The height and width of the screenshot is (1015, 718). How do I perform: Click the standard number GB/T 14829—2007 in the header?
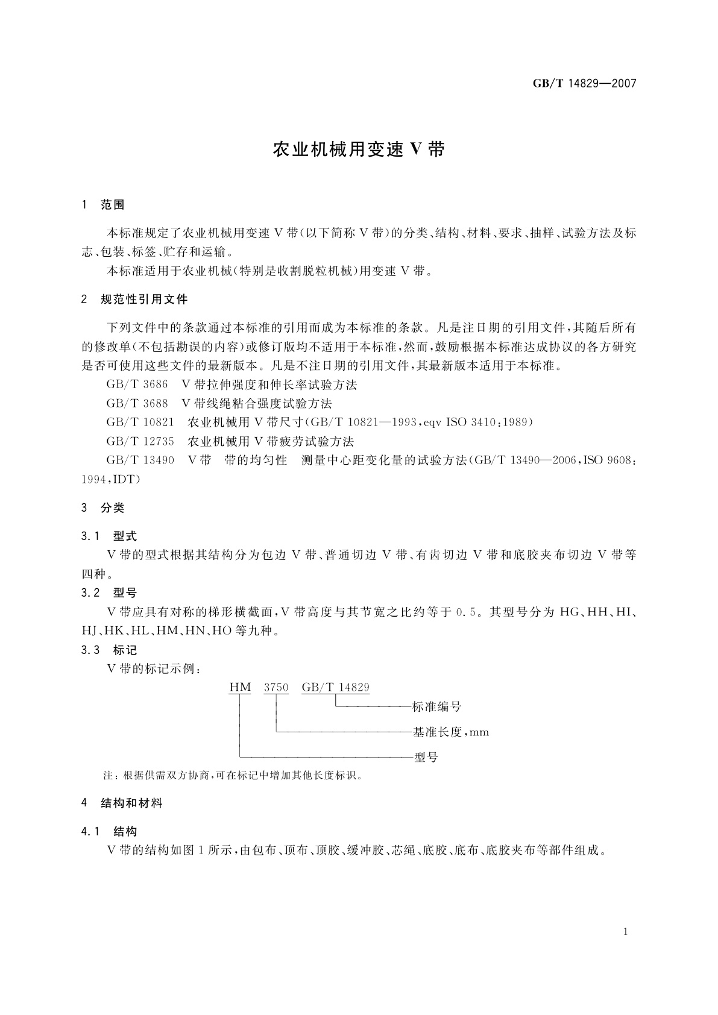[x=584, y=84]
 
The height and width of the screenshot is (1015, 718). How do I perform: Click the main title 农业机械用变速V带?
[x=359, y=149]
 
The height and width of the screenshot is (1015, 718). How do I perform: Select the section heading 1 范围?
[x=103, y=205]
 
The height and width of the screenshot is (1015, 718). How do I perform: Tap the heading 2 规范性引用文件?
[x=134, y=299]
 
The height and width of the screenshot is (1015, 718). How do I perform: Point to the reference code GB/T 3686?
[x=137, y=385]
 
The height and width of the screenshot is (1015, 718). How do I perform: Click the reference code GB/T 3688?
[x=137, y=403]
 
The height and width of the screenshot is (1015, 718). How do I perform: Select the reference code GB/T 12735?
[x=140, y=441]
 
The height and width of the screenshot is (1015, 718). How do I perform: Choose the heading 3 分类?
[x=103, y=508]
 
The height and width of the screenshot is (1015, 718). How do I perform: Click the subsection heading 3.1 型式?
[x=109, y=536]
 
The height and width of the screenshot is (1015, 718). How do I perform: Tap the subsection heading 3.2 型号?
[x=109, y=593]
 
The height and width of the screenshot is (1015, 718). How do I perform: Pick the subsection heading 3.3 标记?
[x=109, y=650]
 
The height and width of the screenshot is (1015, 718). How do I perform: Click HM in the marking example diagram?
[x=240, y=687]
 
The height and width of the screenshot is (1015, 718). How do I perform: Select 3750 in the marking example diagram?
[x=277, y=687]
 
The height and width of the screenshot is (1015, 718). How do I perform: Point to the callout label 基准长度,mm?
[x=451, y=732]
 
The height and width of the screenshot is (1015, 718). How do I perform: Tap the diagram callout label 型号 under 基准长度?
[x=426, y=757]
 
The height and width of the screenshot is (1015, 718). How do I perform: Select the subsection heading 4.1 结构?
[x=109, y=832]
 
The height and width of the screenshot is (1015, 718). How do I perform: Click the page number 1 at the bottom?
[x=626, y=932]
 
